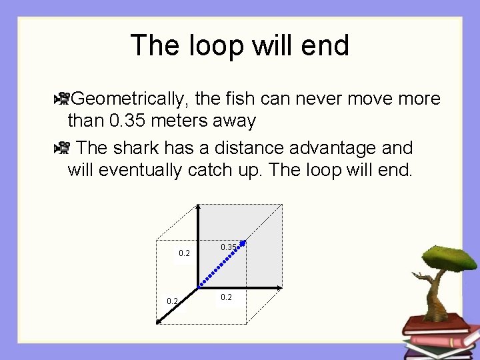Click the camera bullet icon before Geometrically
(63, 99)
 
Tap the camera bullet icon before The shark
(63, 147)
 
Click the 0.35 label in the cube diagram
(228, 247)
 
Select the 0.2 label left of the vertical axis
(185, 253)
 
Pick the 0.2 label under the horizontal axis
(226, 297)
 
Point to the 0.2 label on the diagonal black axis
(172, 301)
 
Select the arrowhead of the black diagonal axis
(159, 321)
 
